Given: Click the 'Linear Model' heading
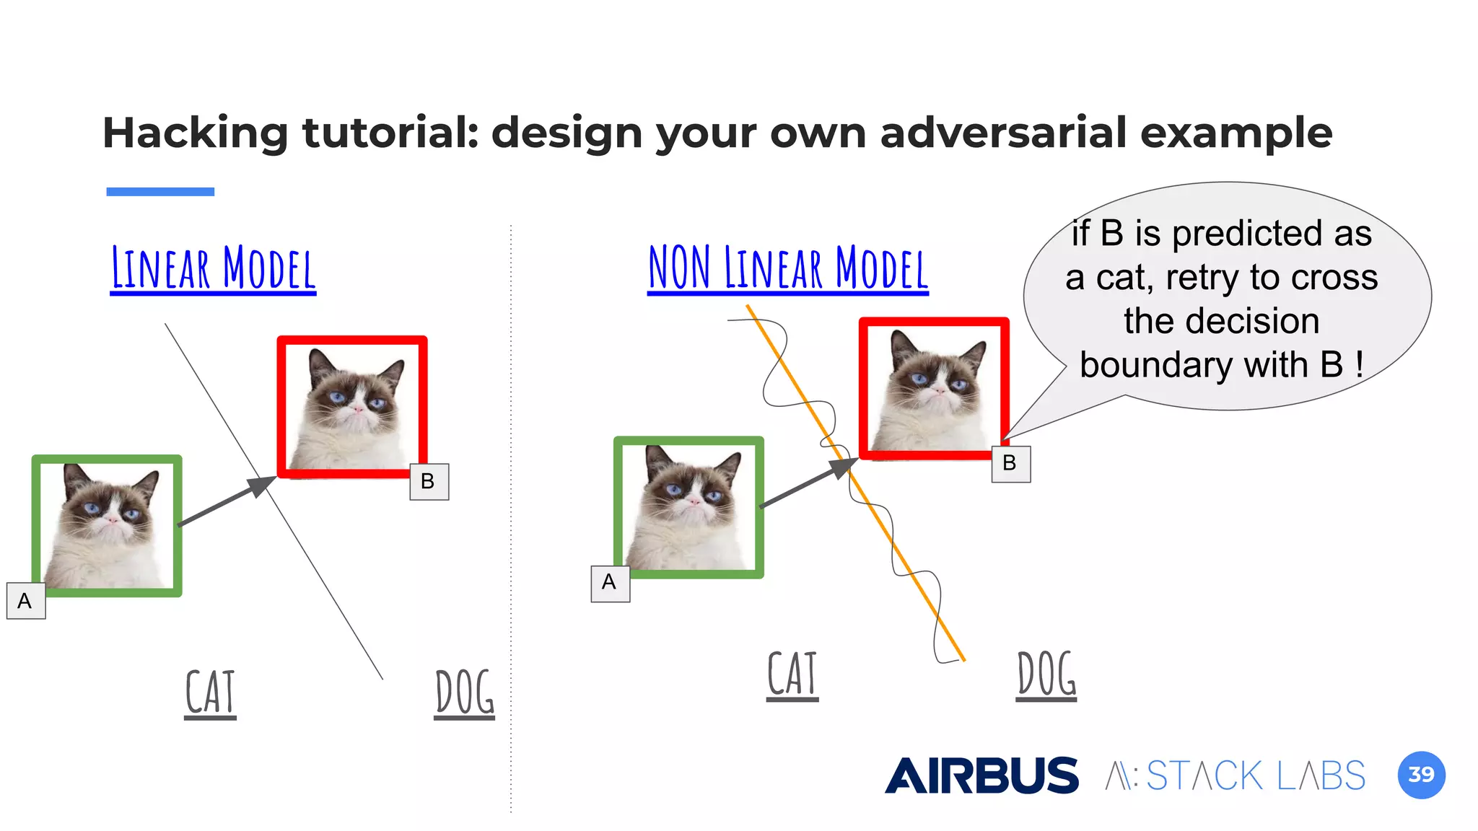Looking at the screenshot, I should [x=213, y=268].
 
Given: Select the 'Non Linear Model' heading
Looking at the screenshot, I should [x=787, y=268].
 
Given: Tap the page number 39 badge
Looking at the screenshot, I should [x=1421, y=775].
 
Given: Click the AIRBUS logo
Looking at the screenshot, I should [x=981, y=775].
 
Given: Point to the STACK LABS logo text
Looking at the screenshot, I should [x=1236, y=776].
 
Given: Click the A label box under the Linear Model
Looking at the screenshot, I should [x=26, y=601].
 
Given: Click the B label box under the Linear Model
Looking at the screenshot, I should [x=429, y=481].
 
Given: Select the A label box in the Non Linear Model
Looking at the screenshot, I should [x=610, y=583].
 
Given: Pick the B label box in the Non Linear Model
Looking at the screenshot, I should [x=1010, y=463].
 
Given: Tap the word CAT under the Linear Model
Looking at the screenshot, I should [x=210, y=692].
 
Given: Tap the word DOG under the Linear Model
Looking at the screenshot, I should [x=465, y=692].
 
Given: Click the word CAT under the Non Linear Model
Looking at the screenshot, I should [x=792, y=674].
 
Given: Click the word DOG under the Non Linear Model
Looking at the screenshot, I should [x=1046, y=674].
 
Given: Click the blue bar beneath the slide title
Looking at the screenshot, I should [x=160, y=192].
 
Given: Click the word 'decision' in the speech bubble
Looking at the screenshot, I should [x=1221, y=321].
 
